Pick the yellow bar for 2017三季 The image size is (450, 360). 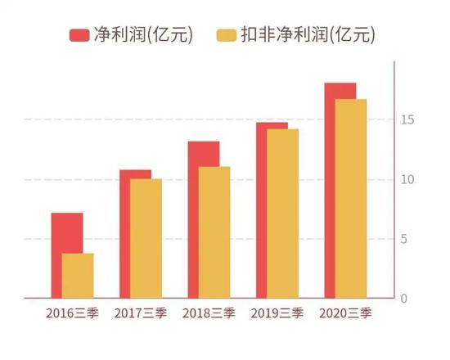coord(146,238)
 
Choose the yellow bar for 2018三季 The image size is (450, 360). coord(214,232)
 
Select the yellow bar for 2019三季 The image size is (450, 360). coord(282,214)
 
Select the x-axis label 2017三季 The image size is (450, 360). coord(140,313)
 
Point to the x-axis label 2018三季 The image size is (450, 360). coord(209,313)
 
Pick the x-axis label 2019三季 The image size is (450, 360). coord(277,313)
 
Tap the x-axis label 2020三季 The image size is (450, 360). coord(345,313)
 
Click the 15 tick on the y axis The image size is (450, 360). coord(407,120)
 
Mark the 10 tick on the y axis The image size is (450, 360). coord(407,180)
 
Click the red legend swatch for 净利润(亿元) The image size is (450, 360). coord(80,35)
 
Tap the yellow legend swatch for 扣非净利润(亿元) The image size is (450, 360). coord(227,35)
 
